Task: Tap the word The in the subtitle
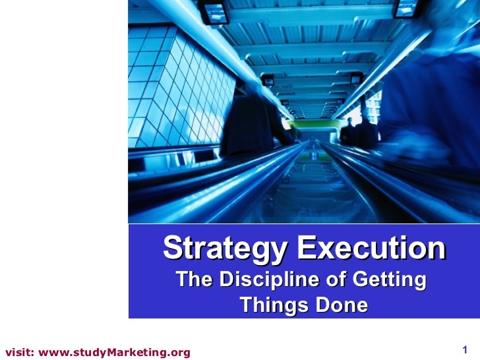[194, 280]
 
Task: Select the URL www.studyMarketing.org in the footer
[115, 352]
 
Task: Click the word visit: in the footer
[19, 352]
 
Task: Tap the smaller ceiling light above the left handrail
[268, 80]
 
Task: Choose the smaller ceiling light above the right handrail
[357, 79]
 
